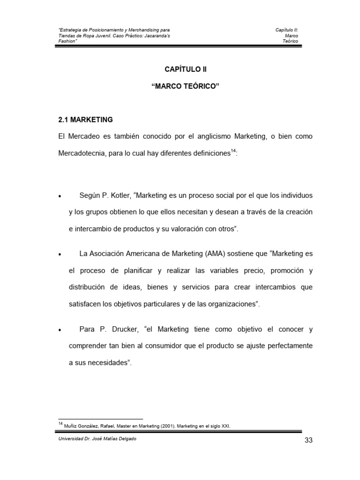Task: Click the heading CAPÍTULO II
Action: pyautogui.click(x=186, y=69)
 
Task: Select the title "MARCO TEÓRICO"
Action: pyautogui.click(x=186, y=87)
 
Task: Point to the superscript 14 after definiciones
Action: pyautogui.click(x=233, y=151)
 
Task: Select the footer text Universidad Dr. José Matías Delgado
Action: pyautogui.click(x=97, y=439)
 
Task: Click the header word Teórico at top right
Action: pyautogui.click(x=290, y=41)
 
